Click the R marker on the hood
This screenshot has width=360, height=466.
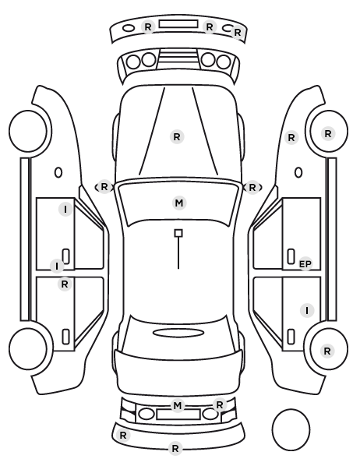pos(177,137)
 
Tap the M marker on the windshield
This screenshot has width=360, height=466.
pos(179,203)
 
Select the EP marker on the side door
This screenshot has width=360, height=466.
pos(305,264)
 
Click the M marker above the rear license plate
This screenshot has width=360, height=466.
pos(178,405)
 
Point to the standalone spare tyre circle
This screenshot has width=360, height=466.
pos(291,429)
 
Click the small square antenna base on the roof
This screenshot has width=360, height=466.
pos(178,233)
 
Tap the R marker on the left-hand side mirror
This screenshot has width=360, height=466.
pos(104,187)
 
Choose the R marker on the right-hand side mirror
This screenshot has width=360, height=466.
pos(252,188)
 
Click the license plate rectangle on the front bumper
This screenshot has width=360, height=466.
pos(178,24)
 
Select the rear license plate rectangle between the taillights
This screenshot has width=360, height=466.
pos(178,414)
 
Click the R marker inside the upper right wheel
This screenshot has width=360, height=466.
pos(328,134)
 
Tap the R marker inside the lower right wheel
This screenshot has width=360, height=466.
pos(327,351)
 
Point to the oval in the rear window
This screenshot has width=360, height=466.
pos(178,333)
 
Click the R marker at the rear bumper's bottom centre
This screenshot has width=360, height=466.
pos(175,448)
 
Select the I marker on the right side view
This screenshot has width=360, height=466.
pos(307,311)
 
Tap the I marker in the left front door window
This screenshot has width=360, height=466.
pos(65,209)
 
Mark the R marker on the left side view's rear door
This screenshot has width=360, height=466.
pos(65,284)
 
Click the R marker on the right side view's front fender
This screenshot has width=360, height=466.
pos(291,138)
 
